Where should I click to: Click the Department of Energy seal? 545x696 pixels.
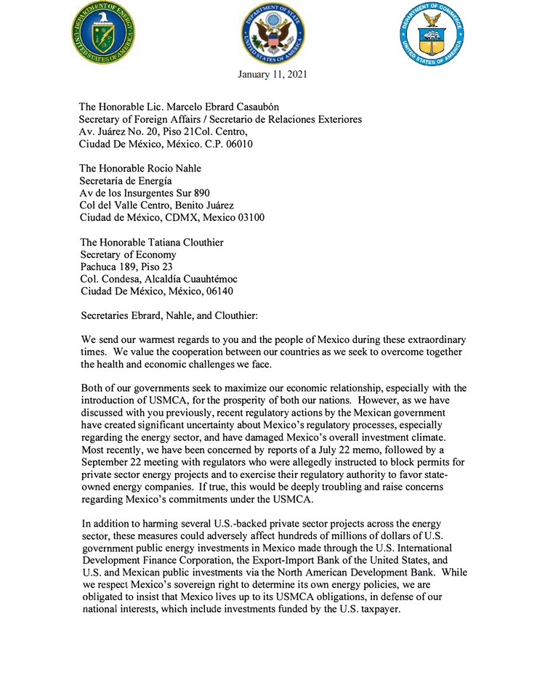point(103,33)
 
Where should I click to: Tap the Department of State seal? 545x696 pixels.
point(272,33)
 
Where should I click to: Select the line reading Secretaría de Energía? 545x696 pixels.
point(126,181)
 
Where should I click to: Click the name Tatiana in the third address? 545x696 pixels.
point(167,243)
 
